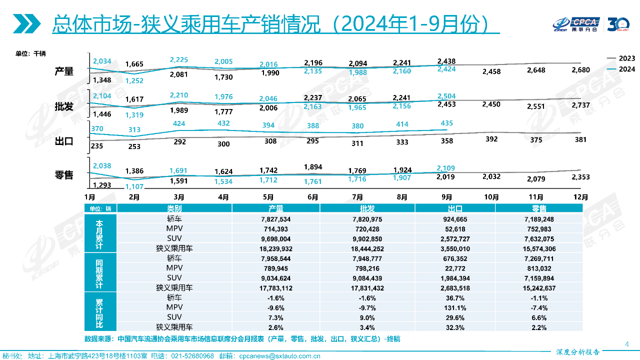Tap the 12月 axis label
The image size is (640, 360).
click(580, 197)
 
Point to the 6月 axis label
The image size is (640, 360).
click(313, 197)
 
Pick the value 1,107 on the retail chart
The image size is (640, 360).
click(134, 186)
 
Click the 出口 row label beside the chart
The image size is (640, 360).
click(64, 141)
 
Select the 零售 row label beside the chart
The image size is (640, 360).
click(64, 175)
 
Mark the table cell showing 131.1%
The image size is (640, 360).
click(454, 307)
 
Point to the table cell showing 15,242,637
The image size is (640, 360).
click(539, 287)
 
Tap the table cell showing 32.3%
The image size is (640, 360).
click(454, 327)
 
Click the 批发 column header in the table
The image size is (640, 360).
click(367, 208)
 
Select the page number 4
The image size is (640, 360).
click(627, 343)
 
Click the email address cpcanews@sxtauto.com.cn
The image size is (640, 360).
click(279, 356)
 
